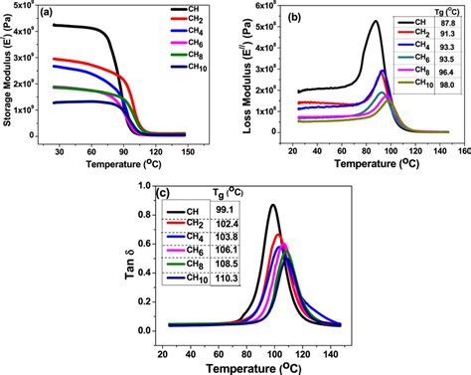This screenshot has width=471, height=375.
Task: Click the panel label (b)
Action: pyautogui.click(x=294, y=17)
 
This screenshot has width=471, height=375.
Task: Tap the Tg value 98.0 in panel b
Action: pyautogui.click(x=447, y=110)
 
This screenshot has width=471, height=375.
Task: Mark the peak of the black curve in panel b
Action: pyautogui.click(x=375, y=21)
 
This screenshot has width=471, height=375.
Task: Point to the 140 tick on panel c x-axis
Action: pyautogui.click(x=336, y=346)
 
